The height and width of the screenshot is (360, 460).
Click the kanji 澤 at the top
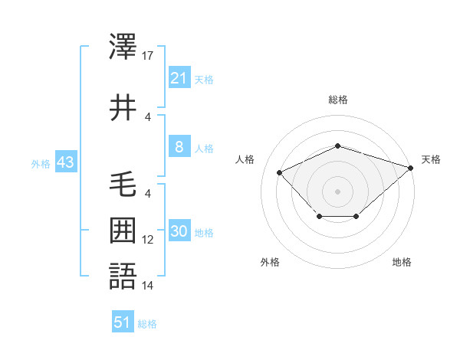pyautogui.click(x=123, y=48)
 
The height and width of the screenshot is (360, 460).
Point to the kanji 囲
pyautogui.click(x=123, y=230)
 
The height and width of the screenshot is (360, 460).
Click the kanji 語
pyautogui.click(x=123, y=275)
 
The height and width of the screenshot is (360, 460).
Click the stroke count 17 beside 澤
pyautogui.click(x=149, y=56)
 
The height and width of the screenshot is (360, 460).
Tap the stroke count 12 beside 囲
pyautogui.click(x=149, y=240)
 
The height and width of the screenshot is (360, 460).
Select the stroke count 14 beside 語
pyautogui.click(x=149, y=286)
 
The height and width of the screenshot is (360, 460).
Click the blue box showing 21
pyautogui.click(x=179, y=78)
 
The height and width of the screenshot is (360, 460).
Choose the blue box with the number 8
pyautogui.click(x=179, y=148)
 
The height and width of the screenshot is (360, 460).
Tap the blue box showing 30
pyautogui.click(x=179, y=232)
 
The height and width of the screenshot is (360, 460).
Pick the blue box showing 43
pyautogui.click(x=65, y=163)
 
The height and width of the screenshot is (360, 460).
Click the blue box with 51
pyautogui.click(x=123, y=322)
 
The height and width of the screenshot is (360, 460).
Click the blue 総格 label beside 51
pyautogui.click(x=147, y=324)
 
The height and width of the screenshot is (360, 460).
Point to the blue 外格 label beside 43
pyautogui.click(x=41, y=164)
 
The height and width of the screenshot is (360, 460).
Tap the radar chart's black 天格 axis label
pyautogui.click(x=431, y=159)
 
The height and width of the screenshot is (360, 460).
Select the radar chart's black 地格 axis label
pyautogui.click(x=402, y=263)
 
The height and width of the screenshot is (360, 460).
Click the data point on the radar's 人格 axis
pyautogui.click(x=280, y=173)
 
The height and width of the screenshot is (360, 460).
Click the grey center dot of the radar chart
pyautogui.click(x=337, y=191)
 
